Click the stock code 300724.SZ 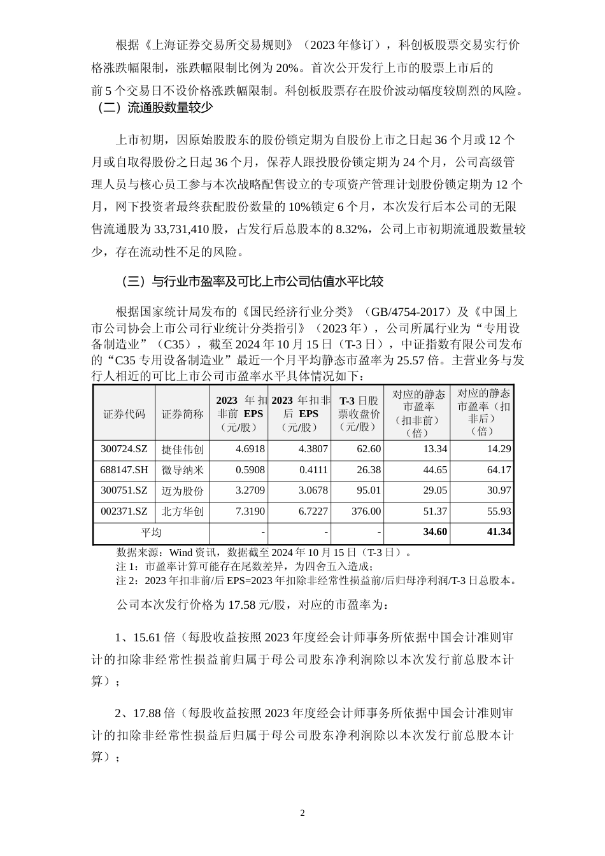(x=124, y=449)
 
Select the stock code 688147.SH (x=124, y=470)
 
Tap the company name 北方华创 (x=183, y=511)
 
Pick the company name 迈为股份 (x=183, y=490)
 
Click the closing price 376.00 (x=366, y=511)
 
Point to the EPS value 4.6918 (x=250, y=449)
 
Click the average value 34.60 (x=434, y=532)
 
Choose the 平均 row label (x=151, y=532)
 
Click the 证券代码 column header (x=124, y=414)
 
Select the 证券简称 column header (x=183, y=414)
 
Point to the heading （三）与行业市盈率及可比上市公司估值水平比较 (x=252, y=281)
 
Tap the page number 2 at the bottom (x=302, y=813)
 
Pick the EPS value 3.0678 (x=313, y=490)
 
